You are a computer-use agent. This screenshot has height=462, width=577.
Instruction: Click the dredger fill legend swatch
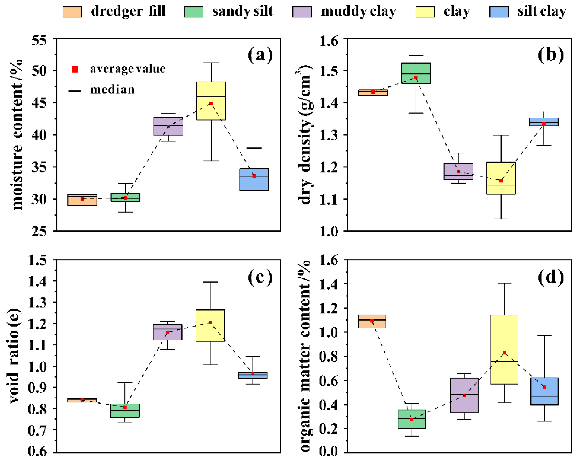[x=72, y=12]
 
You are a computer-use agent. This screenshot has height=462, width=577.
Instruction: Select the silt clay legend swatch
[x=499, y=12]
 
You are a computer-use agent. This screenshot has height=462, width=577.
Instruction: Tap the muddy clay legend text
[x=358, y=11]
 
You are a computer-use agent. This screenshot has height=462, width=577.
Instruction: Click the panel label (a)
[x=260, y=55]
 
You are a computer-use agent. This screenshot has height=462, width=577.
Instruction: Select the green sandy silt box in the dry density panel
[x=416, y=73]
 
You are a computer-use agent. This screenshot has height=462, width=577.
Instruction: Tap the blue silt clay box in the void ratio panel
[x=253, y=376]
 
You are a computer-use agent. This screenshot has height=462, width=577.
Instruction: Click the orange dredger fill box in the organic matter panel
[x=372, y=321]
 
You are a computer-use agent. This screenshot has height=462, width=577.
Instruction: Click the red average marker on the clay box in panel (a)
[x=211, y=103]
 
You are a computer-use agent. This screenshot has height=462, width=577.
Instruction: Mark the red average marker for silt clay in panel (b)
[x=543, y=124]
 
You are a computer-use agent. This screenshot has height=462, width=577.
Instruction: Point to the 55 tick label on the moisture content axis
[x=39, y=40]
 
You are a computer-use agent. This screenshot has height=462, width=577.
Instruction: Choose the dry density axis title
[x=305, y=134]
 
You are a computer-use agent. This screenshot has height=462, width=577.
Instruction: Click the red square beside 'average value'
[x=75, y=70]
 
